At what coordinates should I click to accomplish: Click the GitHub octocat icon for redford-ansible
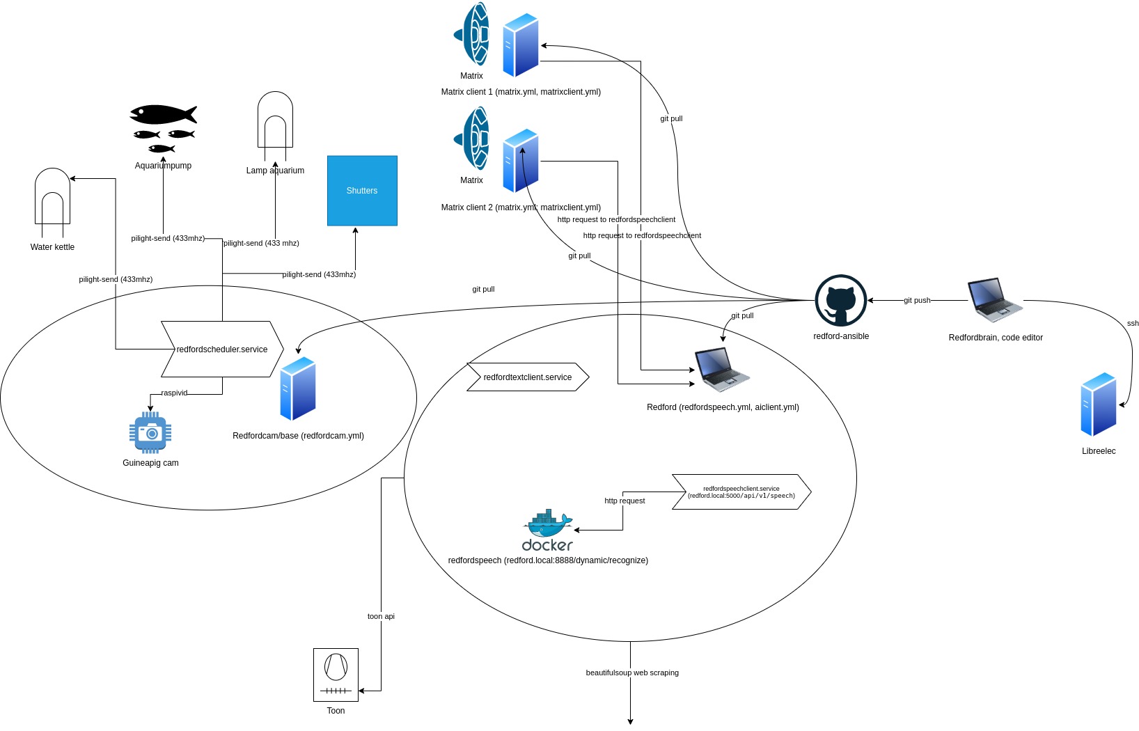(840, 300)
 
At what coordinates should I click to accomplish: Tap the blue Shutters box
(362, 190)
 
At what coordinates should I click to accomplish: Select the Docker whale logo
(548, 530)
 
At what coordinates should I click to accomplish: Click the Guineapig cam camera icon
(150, 432)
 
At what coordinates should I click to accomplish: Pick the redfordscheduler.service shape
(221, 349)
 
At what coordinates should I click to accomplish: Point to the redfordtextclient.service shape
(527, 377)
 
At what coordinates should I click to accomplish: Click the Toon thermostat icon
(336, 675)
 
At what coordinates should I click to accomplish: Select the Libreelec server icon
(1099, 404)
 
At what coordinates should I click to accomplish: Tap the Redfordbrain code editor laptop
(995, 300)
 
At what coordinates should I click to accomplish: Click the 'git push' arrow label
(916, 300)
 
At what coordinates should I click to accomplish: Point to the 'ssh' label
(1133, 323)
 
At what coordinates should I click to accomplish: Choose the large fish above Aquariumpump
(163, 114)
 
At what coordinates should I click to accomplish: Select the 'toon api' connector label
(381, 616)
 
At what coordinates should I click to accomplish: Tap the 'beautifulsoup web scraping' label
(631, 673)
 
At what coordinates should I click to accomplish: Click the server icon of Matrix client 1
(521, 45)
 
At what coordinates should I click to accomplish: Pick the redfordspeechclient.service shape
(741, 492)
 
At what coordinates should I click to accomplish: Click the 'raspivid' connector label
(174, 393)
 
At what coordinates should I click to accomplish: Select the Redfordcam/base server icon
(298, 388)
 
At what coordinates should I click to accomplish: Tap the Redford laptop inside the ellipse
(722, 370)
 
